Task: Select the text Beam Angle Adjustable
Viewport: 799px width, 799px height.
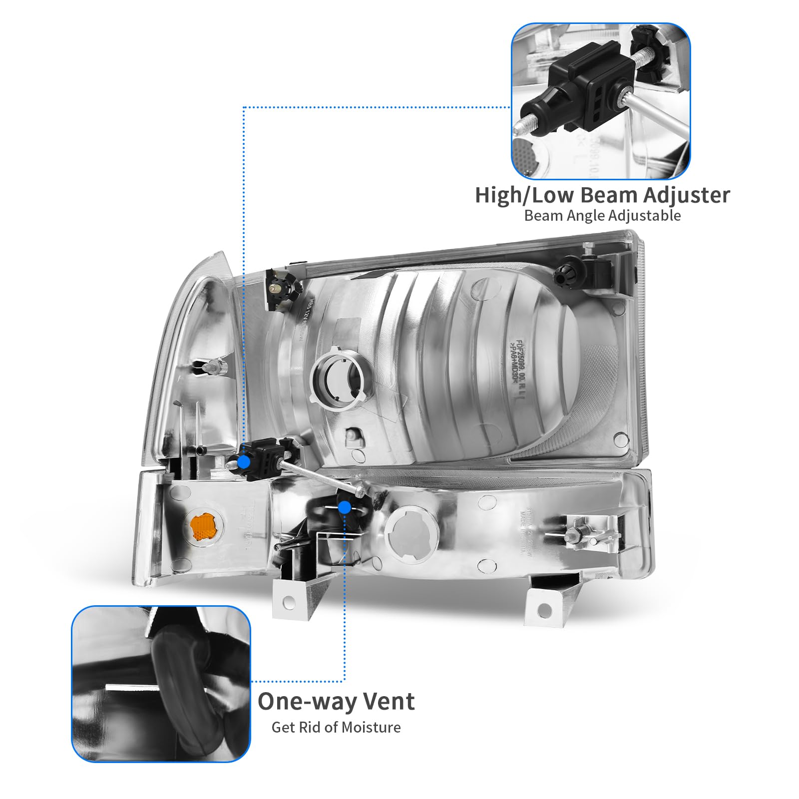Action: pos(602,216)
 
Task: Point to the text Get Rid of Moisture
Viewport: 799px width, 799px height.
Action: pos(336,727)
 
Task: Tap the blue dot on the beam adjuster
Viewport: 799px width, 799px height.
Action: pos(244,462)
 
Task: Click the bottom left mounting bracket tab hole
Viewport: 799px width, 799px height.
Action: pos(289,603)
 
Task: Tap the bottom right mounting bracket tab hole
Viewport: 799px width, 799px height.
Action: pos(545,610)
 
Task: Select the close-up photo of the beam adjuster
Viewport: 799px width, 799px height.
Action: pos(601,101)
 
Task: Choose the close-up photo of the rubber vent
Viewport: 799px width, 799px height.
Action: pos(161,684)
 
